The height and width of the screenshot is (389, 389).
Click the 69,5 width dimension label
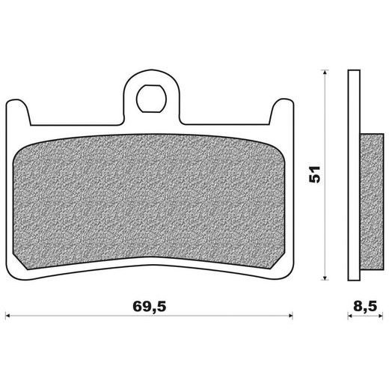click(x=150, y=307)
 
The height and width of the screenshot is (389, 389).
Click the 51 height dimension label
click(x=314, y=174)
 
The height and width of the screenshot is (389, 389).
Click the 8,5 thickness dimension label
click(x=365, y=306)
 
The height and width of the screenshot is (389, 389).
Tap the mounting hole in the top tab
click(x=151, y=99)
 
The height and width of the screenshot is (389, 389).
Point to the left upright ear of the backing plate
click(x=18, y=112)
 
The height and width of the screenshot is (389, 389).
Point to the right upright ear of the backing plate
click(x=282, y=111)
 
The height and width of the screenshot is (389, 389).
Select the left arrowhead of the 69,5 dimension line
click(x=7, y=316)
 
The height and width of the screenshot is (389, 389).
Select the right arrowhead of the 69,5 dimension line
click(x=290, y=316)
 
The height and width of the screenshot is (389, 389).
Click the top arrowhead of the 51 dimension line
click(x=325, y=72)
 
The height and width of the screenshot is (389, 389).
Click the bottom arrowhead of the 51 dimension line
click(x=325, y=278)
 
